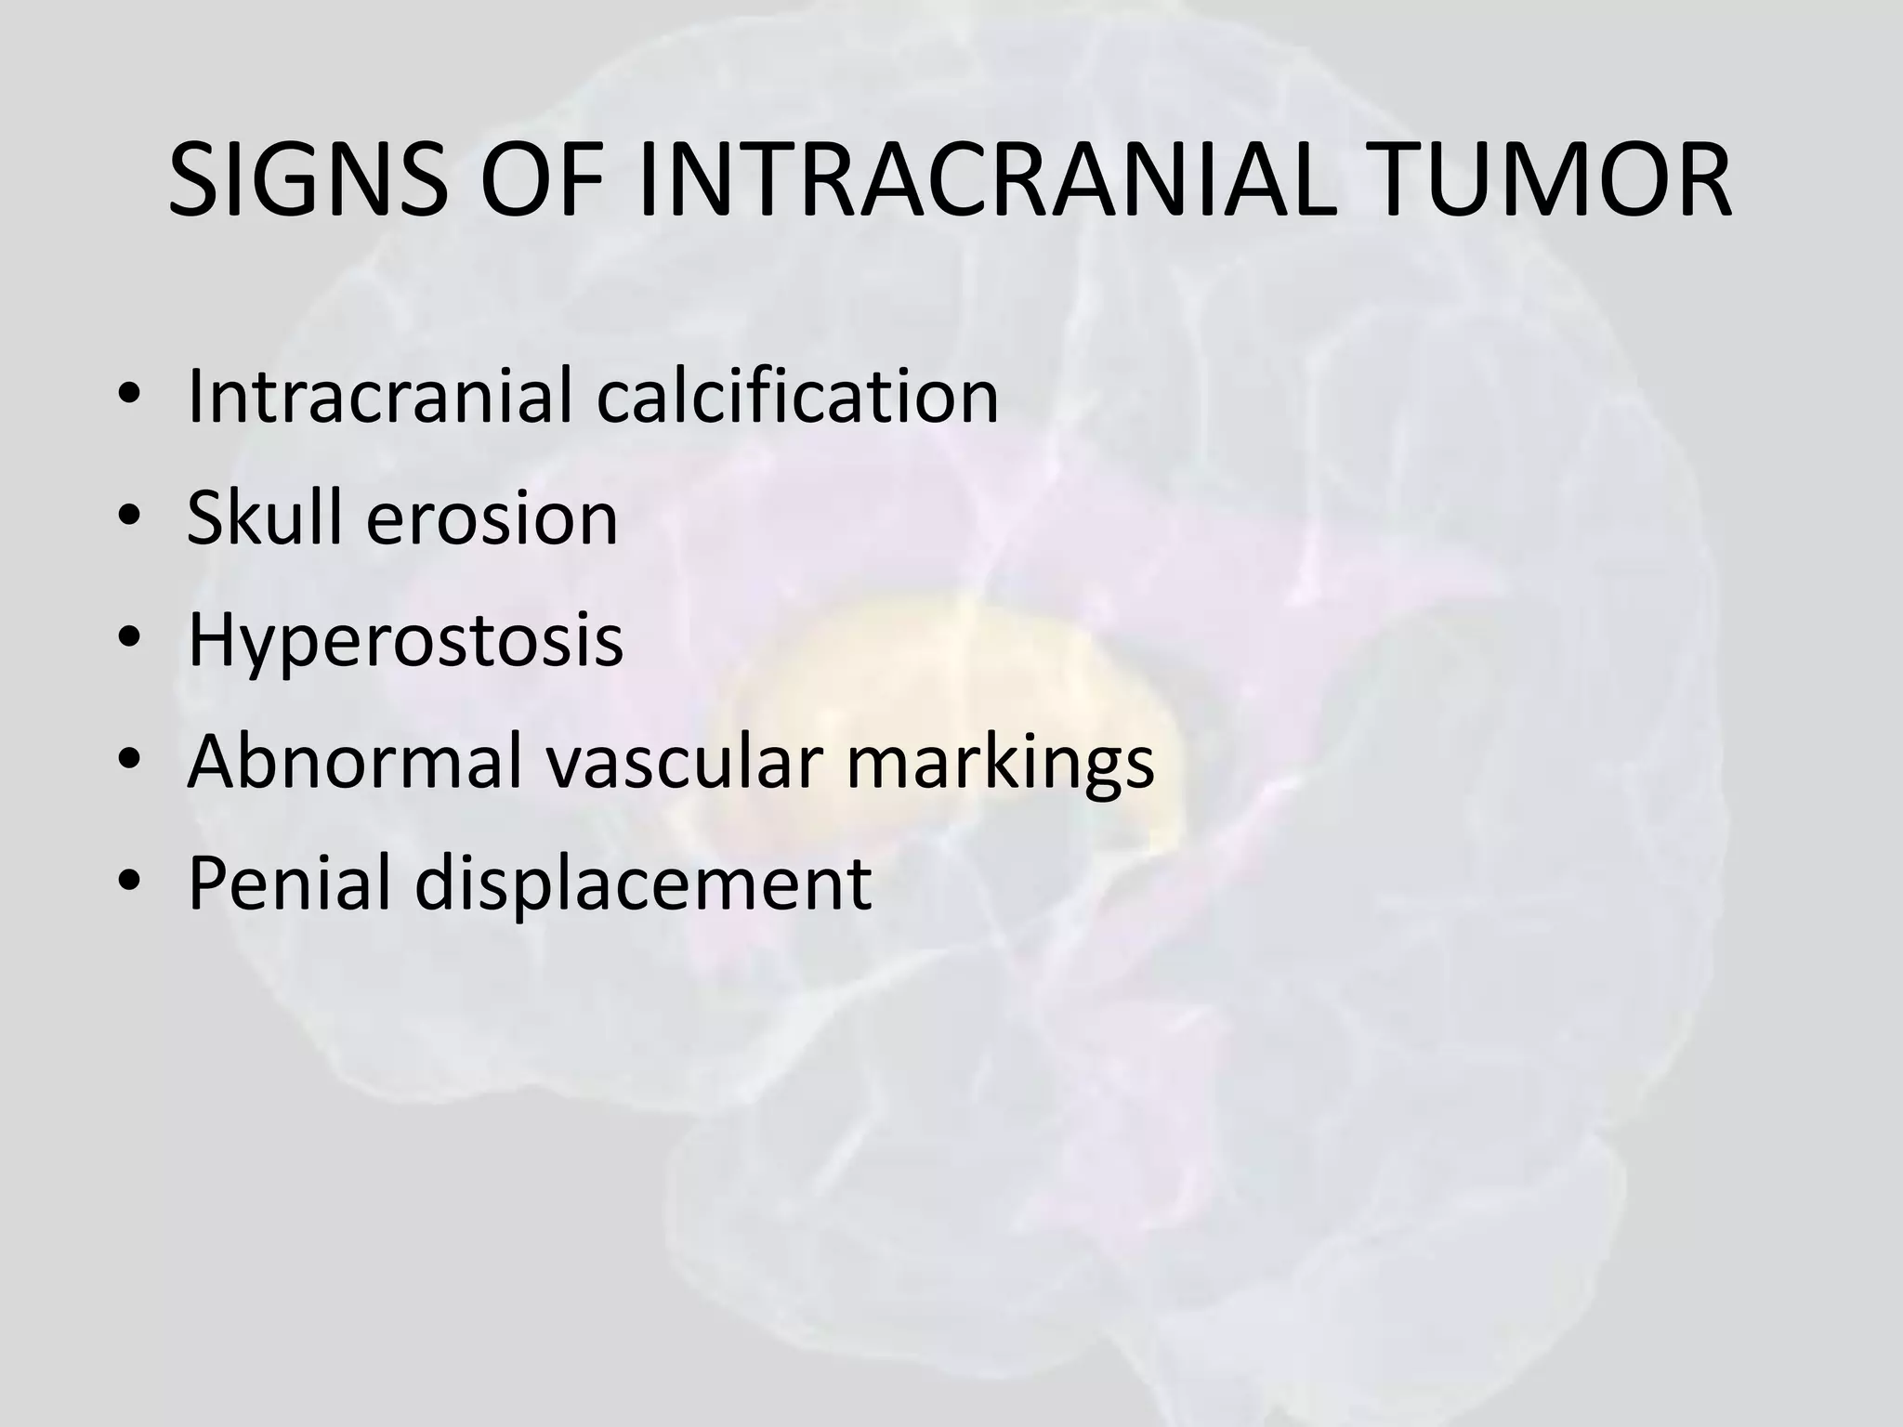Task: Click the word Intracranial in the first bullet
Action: tap(383, 397)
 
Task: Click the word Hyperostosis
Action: tap(405, 642)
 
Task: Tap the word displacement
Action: tap(642, 884)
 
